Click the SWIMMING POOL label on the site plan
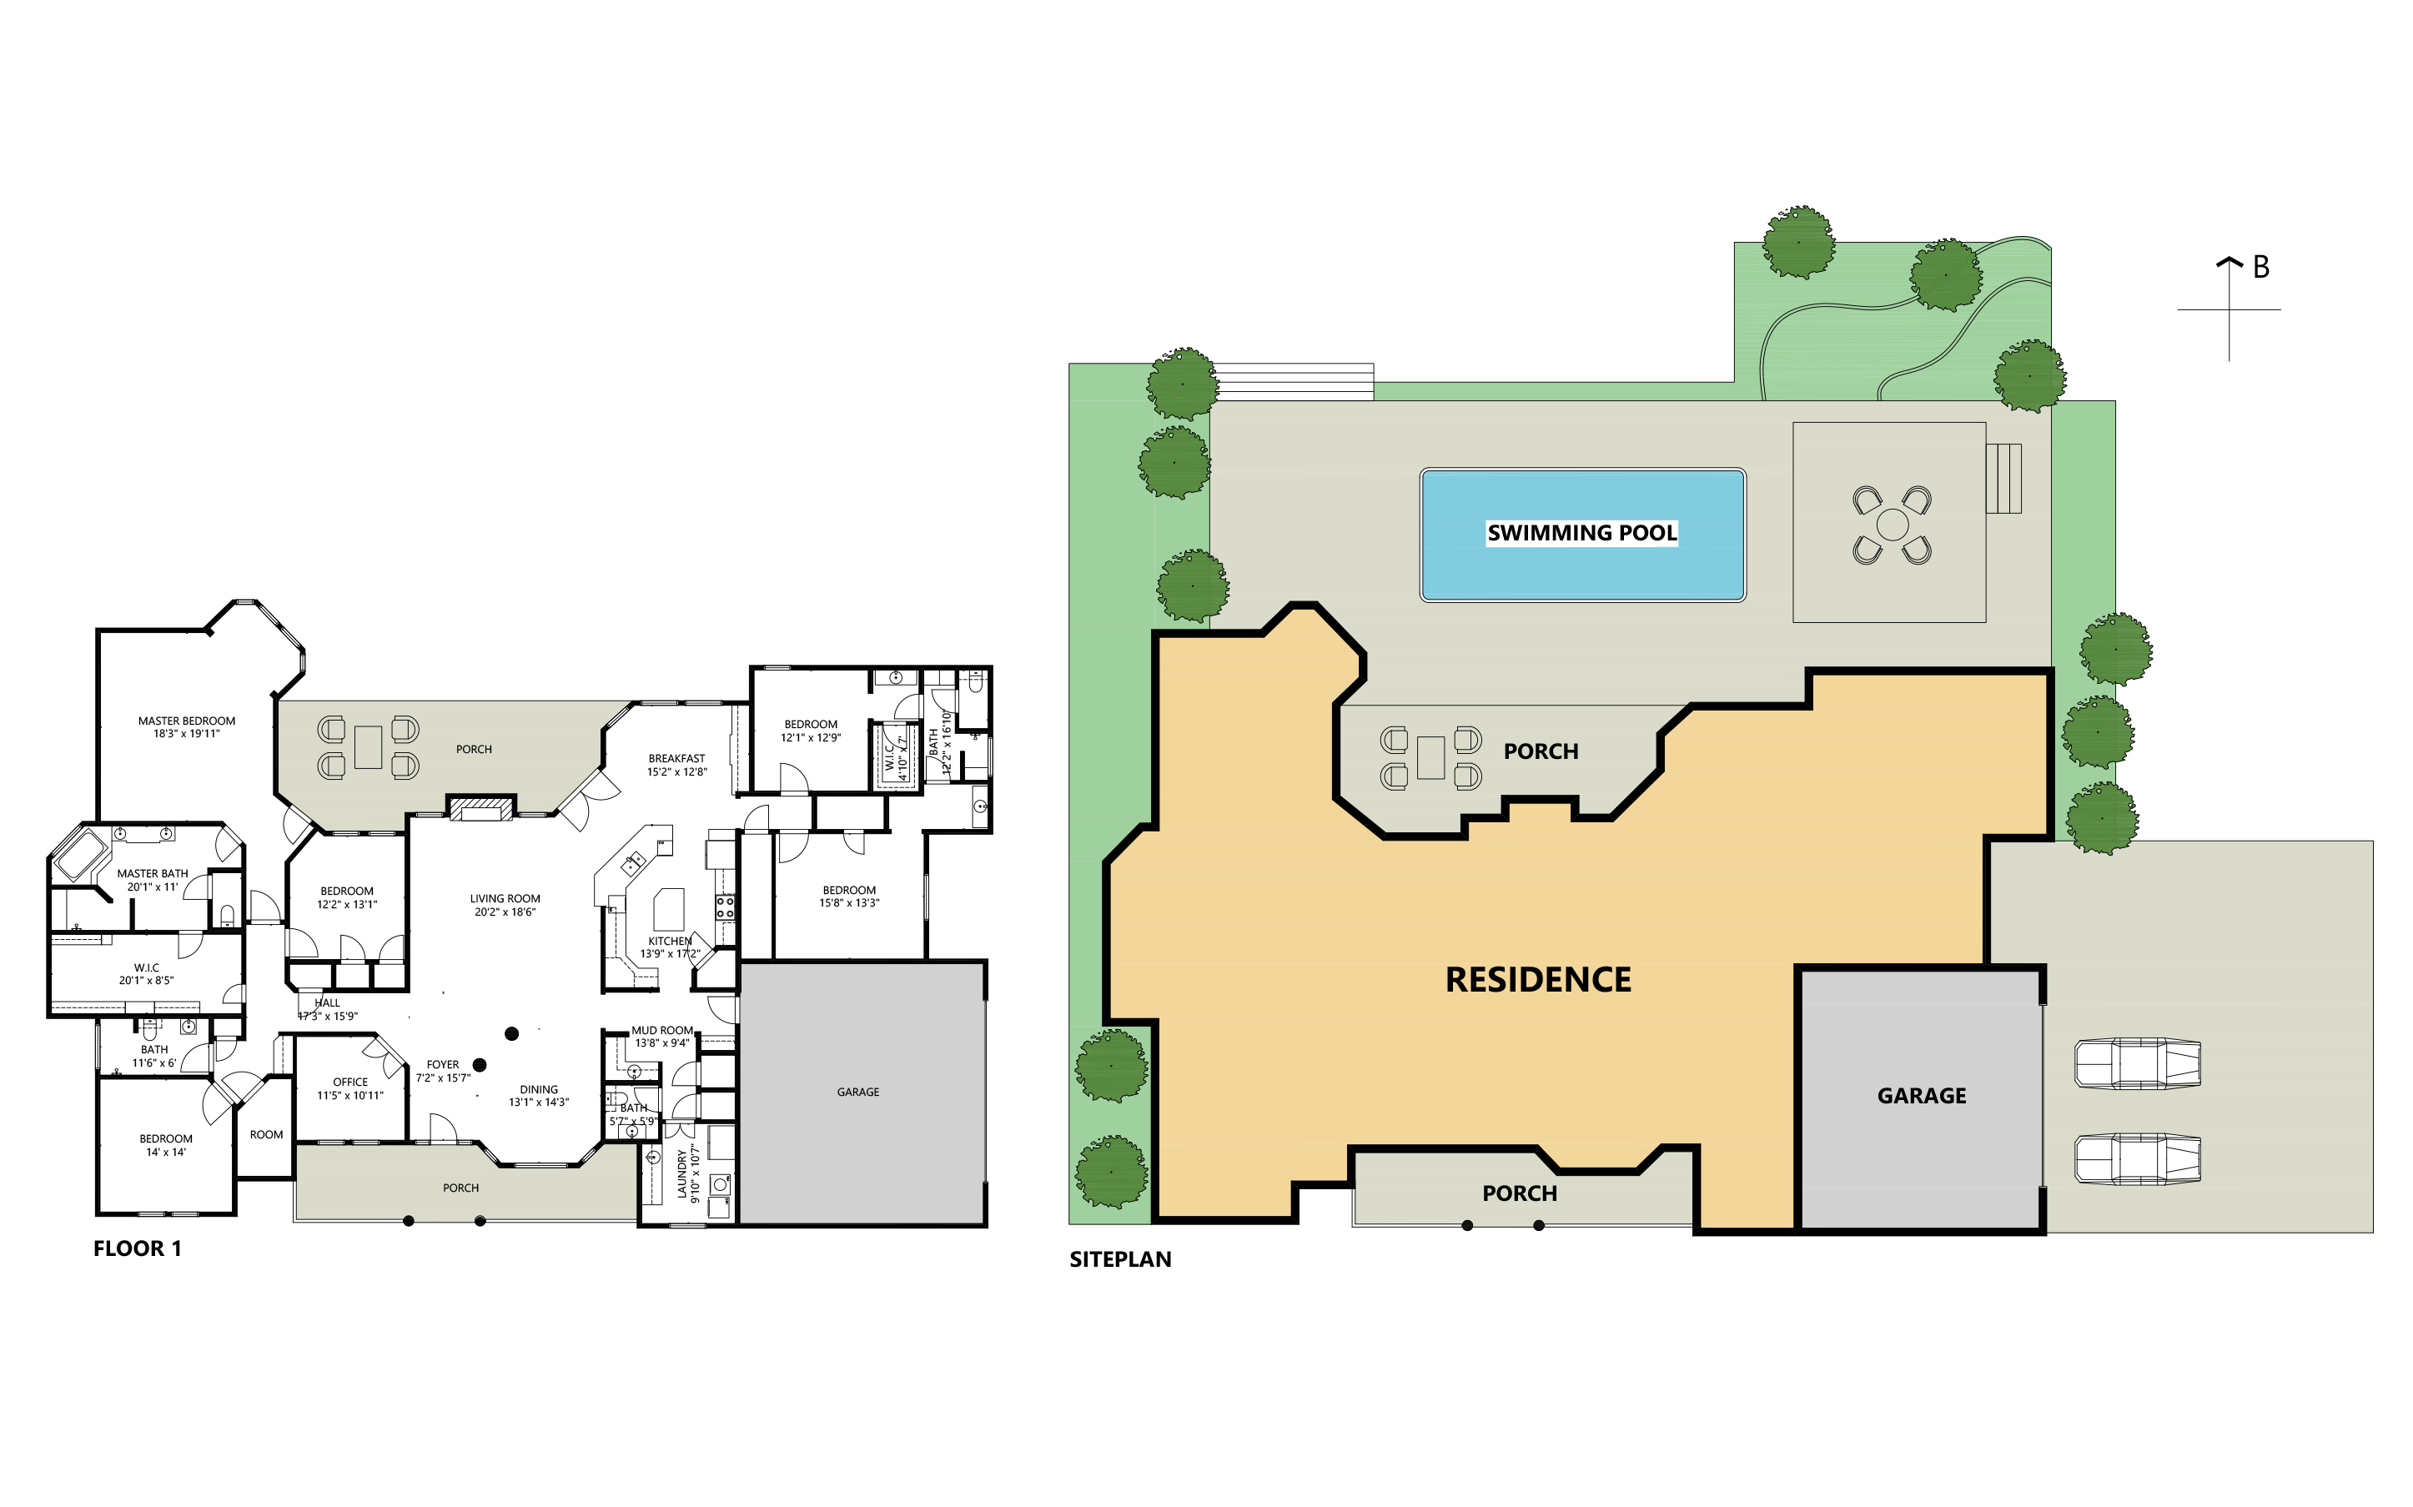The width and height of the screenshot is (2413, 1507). click(x=1581, y=533)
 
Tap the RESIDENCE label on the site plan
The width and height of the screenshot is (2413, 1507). click(x=1538, y=980)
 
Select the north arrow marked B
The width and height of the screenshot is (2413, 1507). click(x=2230, y=309)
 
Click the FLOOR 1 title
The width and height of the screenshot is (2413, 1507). click(x=138, y=1248)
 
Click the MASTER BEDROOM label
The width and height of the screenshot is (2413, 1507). click(x=186, y=721)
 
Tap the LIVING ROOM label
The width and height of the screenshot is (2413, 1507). click(x=505, y=898)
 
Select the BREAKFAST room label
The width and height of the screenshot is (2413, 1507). click(x=676, y=758)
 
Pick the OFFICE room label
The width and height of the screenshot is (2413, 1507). click(x=349, y=1082)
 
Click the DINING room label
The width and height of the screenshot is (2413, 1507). click(x=538, y=1089)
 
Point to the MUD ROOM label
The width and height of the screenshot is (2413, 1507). click(x=661, y=1031)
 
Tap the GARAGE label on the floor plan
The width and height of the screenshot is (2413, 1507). click(x=858, y=1093)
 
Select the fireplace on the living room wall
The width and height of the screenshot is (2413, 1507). click(x=481, y=807)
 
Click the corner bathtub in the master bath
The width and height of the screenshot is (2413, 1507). click(x=81, y=854)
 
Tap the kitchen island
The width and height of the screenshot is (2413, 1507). click(x=669, y=909)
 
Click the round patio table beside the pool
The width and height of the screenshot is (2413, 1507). click(x=1892, y=525)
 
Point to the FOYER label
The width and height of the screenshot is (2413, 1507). click(x=443, y=1064)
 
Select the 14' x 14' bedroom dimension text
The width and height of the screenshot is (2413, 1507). click(x=165, y=1153)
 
